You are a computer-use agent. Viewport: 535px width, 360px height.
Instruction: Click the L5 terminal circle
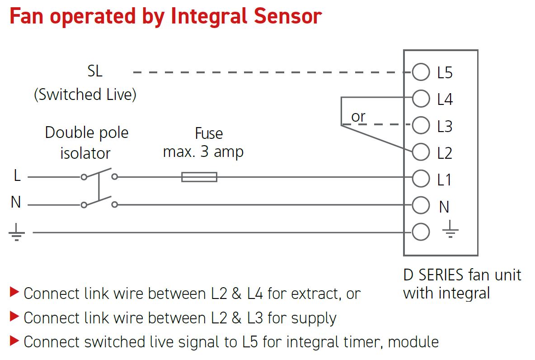point(421,72)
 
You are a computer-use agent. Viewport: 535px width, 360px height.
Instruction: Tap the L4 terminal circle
point(421,99)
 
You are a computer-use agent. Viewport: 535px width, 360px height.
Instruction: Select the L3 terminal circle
point(421,126)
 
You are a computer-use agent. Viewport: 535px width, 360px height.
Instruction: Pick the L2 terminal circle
point(421,152)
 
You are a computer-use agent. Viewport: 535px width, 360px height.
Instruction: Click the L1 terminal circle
point(421,179)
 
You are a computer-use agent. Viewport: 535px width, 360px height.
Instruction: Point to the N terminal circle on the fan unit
point(421,206)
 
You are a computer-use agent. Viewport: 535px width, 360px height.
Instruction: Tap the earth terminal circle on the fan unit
point(421,232)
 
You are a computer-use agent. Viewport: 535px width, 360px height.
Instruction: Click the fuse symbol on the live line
point(199,177)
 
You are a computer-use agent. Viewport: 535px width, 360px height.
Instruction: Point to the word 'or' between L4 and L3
point(358,117)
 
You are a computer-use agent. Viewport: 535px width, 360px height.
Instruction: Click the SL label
point(95,71)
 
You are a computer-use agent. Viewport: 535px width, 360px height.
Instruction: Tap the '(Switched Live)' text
point(85,95)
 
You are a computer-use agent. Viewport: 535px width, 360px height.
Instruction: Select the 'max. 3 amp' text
point(203,152)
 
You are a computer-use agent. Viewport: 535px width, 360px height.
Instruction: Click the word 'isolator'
point(85,153)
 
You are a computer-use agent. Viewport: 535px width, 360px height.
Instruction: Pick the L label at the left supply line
point(17,176)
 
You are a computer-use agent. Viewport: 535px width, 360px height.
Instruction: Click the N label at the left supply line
point(16,203)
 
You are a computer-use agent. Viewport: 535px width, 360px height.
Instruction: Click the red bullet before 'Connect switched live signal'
point(14,341)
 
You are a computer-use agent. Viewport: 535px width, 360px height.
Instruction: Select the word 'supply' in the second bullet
point(314,318)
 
